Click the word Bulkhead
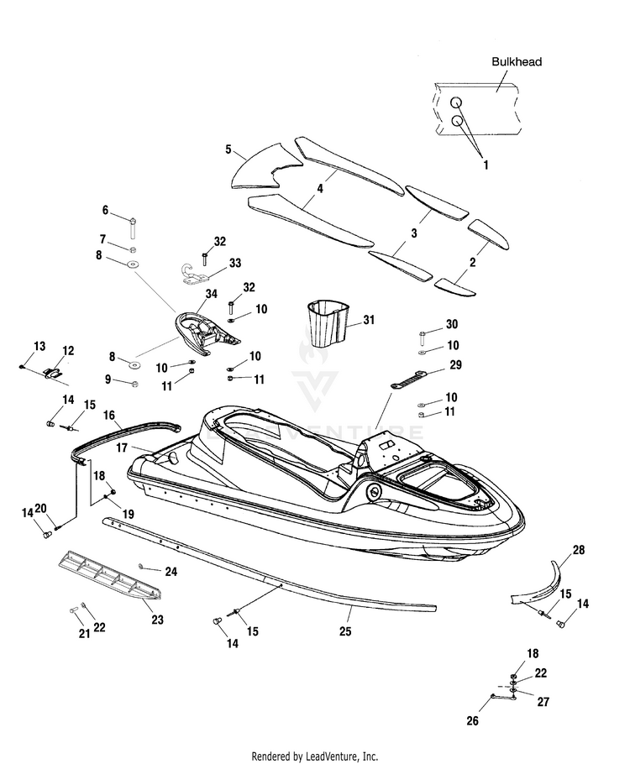517,62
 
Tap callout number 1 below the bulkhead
486,165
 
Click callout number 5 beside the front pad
228,149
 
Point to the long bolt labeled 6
132,228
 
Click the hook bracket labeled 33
192,275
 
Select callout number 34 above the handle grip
211,294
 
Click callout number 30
452,324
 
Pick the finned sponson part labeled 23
110,576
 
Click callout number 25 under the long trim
345,631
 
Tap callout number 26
472,720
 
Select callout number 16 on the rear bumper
109,415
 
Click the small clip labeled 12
52,373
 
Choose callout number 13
39,346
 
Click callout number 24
171,571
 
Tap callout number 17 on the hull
122,447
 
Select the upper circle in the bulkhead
456,102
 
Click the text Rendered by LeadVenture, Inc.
314,756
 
